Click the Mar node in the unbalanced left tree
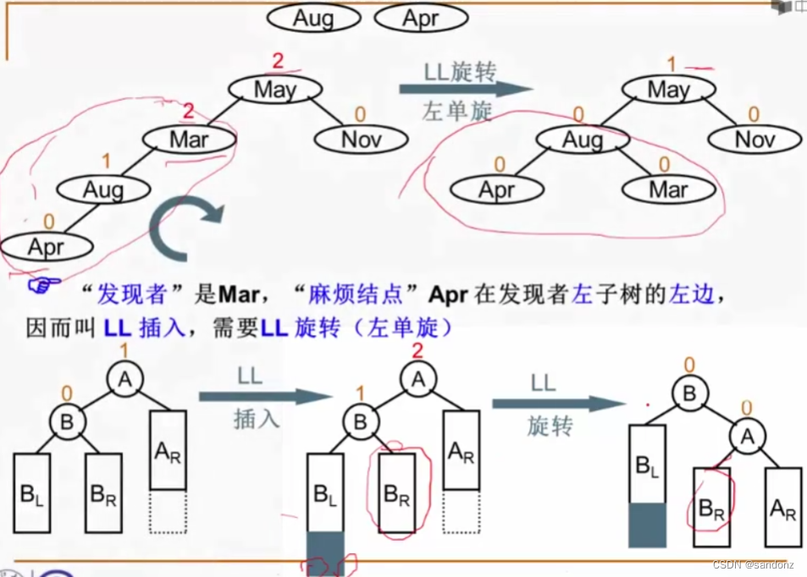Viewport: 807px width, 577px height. pyautogui.click(x=188, y=139)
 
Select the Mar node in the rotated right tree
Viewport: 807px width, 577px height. pyautogui.click(x=668, y=189)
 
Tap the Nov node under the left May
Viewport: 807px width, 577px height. pyautogui.click(x=361, y=139)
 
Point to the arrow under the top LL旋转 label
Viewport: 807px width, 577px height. pyautogui.click(x=466, y=89)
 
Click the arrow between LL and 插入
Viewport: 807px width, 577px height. pyautogui.click(x=265, y=396)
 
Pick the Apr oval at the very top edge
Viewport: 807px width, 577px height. pyautogui.click(x=421, y=18)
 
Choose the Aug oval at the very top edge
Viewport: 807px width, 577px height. pyautogui.click(x=312, y=18)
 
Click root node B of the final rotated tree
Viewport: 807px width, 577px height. pyautogui.click(x=689, y=393)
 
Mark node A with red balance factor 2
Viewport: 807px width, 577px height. pyautogui.click(x=417, y=381)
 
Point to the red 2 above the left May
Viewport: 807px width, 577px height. pyautogui.click(x=277, y=61)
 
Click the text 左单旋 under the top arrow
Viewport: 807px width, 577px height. pyautogui.click(x=456, y=111)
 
